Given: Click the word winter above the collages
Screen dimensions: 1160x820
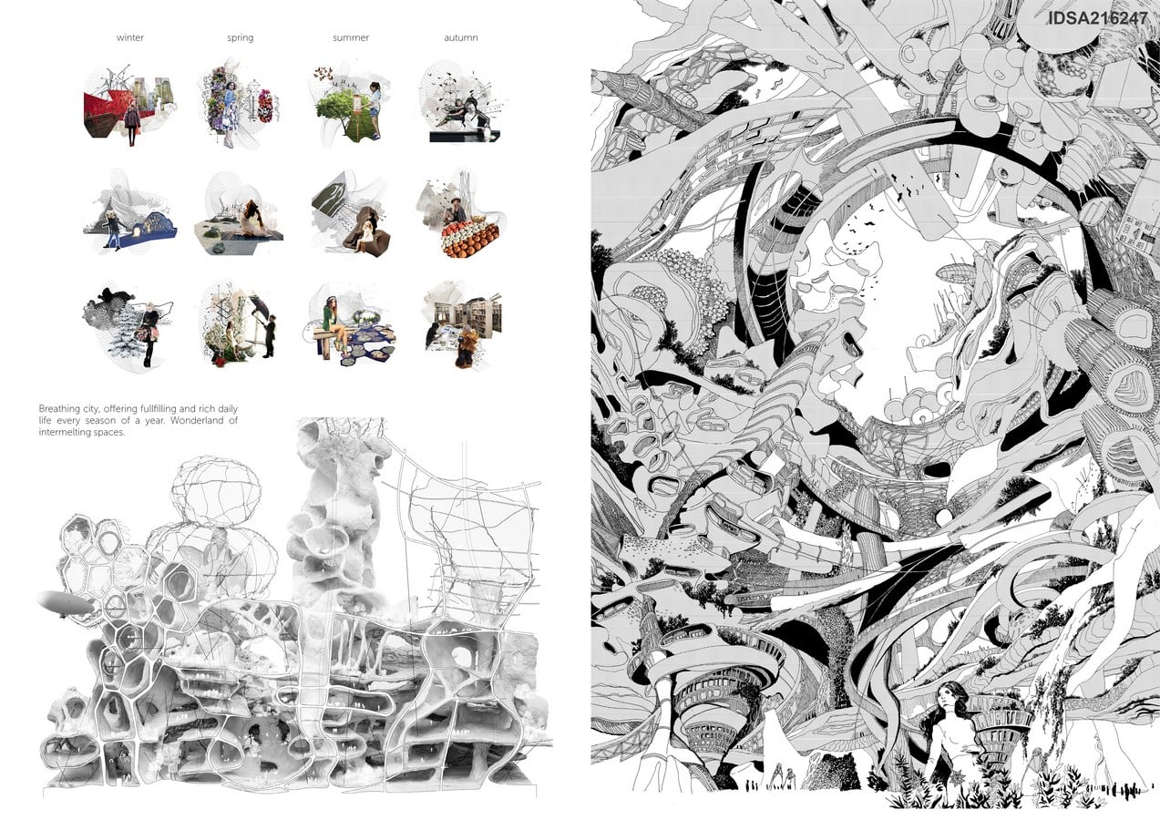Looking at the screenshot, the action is point(130,37).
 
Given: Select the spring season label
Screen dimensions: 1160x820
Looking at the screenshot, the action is point(241,37).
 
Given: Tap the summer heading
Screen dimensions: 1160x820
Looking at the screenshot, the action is point(351,37).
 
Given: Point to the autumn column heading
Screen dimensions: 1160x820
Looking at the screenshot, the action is point(461,37).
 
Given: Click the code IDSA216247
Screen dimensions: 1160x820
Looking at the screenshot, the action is point(1098,17).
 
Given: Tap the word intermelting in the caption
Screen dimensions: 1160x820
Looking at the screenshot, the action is point(61,432).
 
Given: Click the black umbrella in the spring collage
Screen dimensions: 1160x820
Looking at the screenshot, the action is point(260,305).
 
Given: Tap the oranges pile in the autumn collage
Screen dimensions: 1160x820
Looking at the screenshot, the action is point(470,238).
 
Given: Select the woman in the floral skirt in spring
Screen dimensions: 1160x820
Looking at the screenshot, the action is point(230,114).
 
